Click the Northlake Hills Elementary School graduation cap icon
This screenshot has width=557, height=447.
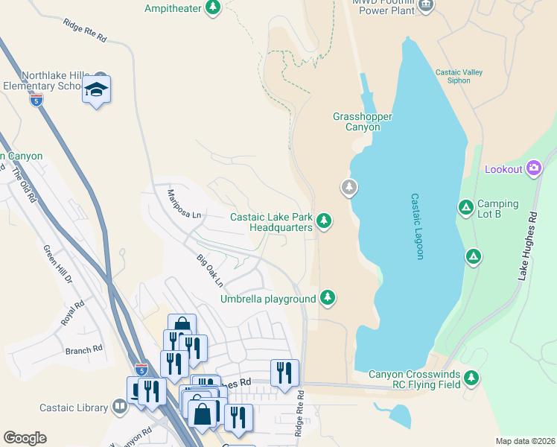(96, 89)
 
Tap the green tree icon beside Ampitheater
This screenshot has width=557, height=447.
(214, 7)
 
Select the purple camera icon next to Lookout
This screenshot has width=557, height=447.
(533, 168)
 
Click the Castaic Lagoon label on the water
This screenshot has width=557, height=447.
(417, 226)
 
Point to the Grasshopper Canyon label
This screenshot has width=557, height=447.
(356, 121)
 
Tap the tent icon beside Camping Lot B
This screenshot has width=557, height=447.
(465, 207)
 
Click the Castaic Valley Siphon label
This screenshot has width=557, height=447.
(459, 76)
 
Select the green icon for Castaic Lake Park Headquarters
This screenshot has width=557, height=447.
(323, 221)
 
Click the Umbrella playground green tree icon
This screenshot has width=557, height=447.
(327, 299)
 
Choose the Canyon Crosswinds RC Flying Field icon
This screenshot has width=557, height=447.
(471, 378)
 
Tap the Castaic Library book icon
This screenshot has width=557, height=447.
(119, 407)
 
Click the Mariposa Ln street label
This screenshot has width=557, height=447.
(184, 203)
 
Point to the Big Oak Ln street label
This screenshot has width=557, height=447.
(210, 270)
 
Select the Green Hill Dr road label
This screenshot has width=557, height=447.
(57, 264)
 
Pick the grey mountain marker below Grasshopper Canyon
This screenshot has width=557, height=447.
(348, 187)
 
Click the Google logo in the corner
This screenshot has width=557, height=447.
(25, 438)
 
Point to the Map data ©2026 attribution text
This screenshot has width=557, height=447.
(525, 441)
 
